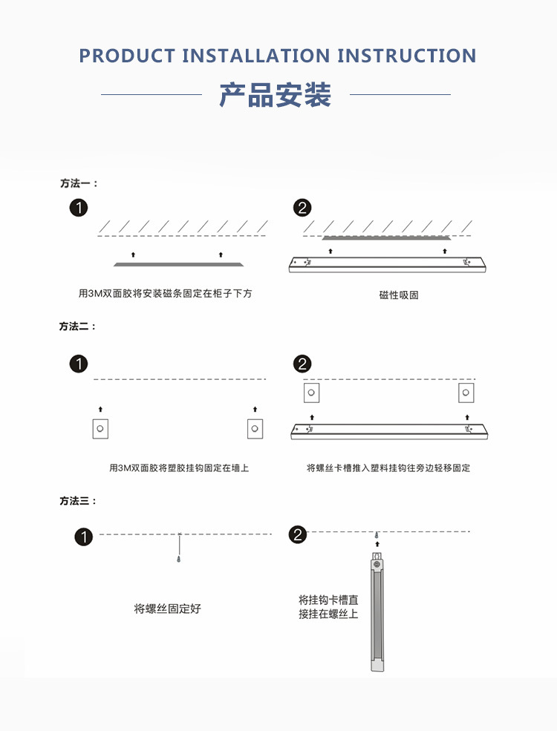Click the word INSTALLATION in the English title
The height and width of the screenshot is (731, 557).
(x=256, y=56)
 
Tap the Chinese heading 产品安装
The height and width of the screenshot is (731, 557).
(x=276, y=95)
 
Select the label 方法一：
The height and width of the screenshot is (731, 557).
(x=79, y=183)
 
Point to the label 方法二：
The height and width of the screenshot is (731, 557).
(x=78, y=327)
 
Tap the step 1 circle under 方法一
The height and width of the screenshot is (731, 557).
(x=79, y=208)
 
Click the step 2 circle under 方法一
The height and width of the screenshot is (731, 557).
(x=302, y=208)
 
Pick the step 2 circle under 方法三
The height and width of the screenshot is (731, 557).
(x=298, y=535)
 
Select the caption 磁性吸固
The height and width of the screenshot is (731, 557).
(x=399, y=295)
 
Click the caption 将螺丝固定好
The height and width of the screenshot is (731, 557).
(x=168, y=609)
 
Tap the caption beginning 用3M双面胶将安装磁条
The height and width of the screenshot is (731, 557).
(x=165, y=293)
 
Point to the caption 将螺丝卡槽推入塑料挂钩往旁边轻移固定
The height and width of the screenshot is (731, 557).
(x=388, y=468)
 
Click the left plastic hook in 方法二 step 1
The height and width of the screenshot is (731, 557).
(x=100, y=428)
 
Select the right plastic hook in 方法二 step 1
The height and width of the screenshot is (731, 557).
(x=255, y=428)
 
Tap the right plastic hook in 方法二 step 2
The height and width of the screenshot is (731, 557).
(x=466, y=393)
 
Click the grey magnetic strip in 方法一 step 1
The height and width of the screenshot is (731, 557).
(x=179, y=264)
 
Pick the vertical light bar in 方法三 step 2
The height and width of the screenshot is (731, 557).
(x=377, y=612)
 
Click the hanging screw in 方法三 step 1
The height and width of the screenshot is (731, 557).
(x=179, y=547)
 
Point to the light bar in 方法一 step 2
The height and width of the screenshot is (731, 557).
(x=387, y=264)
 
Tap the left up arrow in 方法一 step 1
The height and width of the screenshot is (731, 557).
(x=134, y=255)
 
